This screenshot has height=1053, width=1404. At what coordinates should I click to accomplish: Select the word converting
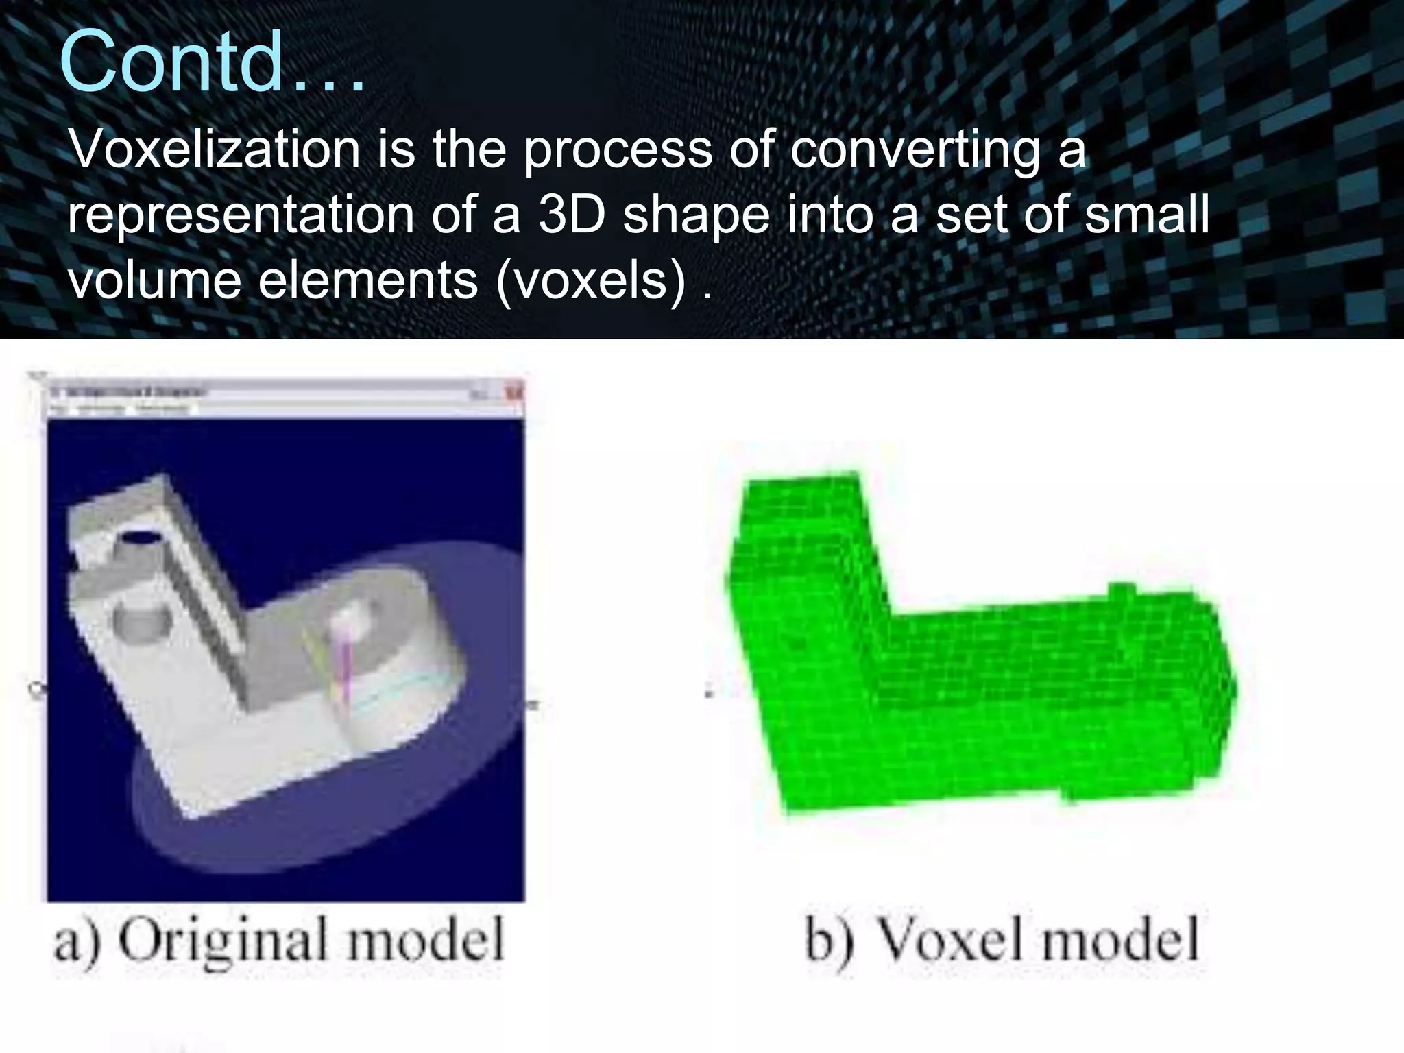coord(916,150)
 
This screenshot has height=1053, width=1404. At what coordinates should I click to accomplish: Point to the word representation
coord(241,215)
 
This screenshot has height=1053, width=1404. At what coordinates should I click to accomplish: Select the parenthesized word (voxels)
coord(591,280)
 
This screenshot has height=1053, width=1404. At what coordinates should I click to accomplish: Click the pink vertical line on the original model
coord(347,672)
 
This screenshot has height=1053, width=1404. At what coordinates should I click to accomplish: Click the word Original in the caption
coord(216,941)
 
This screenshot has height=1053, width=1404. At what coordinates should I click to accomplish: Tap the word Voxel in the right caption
coord(952,941)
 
